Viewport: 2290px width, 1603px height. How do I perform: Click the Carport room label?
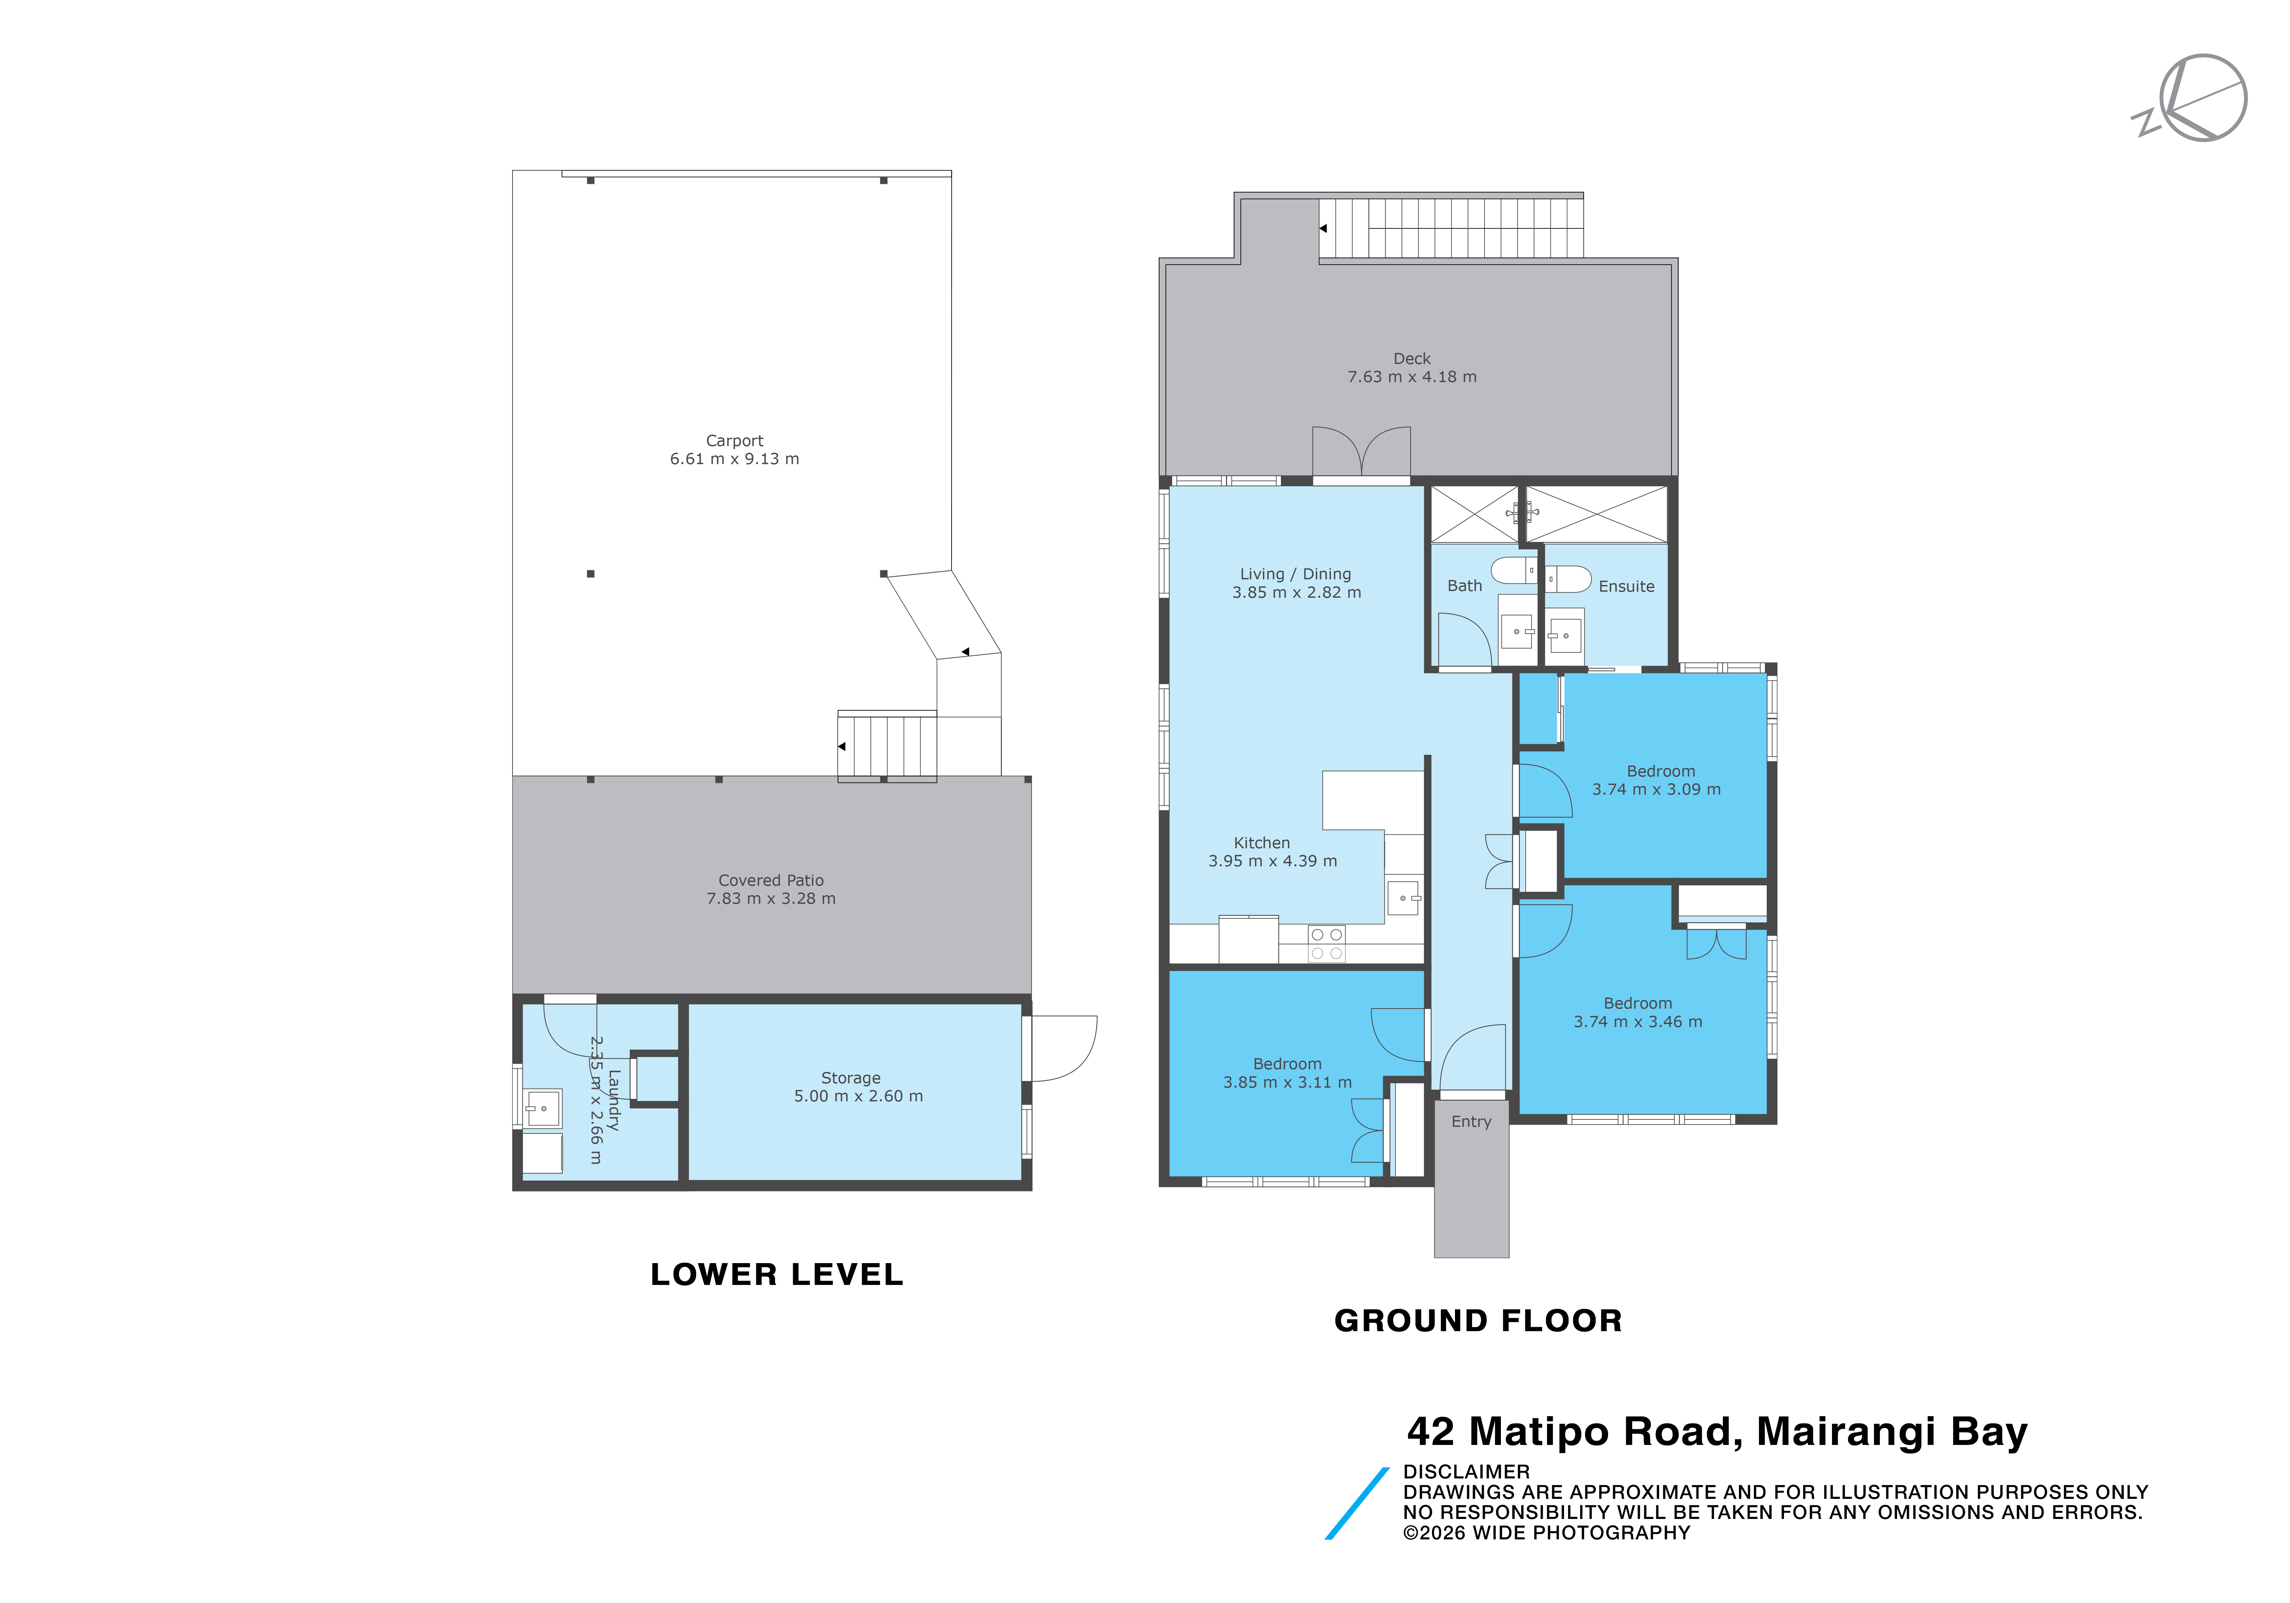(734, 441)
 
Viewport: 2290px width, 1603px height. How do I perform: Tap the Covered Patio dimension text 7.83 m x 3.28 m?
(771, 899)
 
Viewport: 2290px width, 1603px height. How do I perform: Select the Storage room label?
(851, 1078)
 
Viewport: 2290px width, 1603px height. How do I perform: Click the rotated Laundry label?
(613, 1100)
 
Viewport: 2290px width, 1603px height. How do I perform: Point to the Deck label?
(1411, 359)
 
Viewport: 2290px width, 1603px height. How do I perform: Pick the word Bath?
(1464, 587)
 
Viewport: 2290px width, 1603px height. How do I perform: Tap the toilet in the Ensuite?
(1568, 579)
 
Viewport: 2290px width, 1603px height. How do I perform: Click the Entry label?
(1471, 1122)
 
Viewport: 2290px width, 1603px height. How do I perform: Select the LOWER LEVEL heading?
(777, 1275)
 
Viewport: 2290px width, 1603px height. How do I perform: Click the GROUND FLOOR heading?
(1478, 1322)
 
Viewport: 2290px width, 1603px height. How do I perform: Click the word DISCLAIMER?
(1466, 1472)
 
